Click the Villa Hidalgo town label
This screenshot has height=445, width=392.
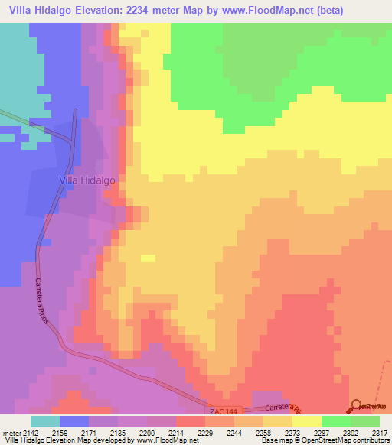pyautogui.click(x=87, y=179)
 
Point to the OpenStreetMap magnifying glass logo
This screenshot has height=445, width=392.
pyautogui.click(x=356, y=405)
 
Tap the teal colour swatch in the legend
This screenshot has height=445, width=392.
pyautogui.click(x=44, y=421)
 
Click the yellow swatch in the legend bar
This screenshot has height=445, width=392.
pyautogui.click(x=306, y=421)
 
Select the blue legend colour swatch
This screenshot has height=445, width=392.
pyautogui.click(x=73, y=421)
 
